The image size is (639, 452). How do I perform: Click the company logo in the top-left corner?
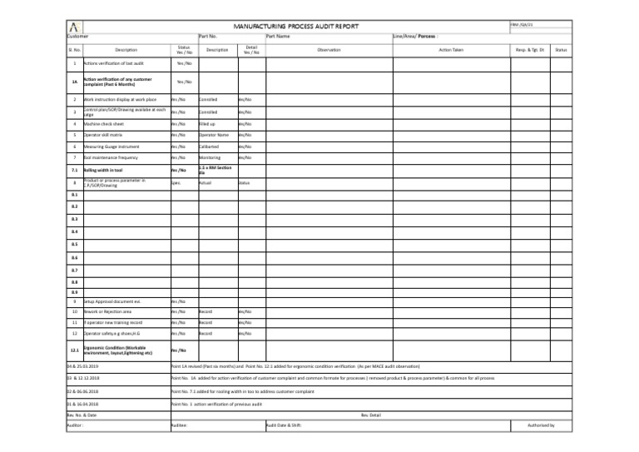(x=75, y=27)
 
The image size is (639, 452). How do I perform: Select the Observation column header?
(x=329, y=50)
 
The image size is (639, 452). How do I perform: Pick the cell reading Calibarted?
(x=208, y=146)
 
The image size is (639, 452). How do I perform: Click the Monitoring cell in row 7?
(x=209, y=157)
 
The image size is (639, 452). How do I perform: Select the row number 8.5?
(x=74, y=245)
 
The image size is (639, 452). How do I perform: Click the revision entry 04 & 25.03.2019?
(x=82, y=365)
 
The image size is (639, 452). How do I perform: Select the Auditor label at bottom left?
(x=76, y=425)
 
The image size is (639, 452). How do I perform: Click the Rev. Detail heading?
(x=370, y=414)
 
